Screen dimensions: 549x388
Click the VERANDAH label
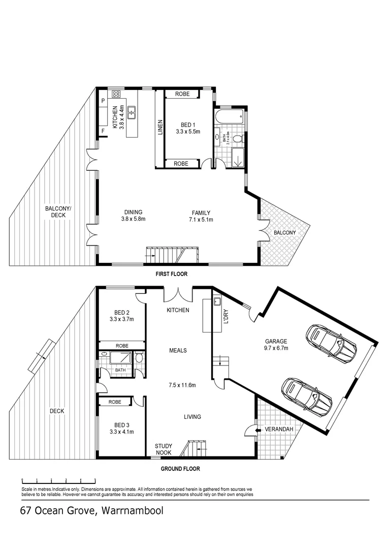279,430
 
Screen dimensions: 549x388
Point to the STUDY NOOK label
163,449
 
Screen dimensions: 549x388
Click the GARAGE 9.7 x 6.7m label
276,345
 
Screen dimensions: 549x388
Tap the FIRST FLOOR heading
172,274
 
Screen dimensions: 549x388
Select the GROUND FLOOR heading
180,469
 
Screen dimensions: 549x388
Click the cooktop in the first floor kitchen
116,94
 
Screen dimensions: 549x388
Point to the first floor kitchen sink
132,112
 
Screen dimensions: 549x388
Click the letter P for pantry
103,101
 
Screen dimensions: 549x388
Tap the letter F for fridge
103,132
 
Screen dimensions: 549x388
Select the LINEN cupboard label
160,127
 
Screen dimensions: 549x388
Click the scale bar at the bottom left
58,480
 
